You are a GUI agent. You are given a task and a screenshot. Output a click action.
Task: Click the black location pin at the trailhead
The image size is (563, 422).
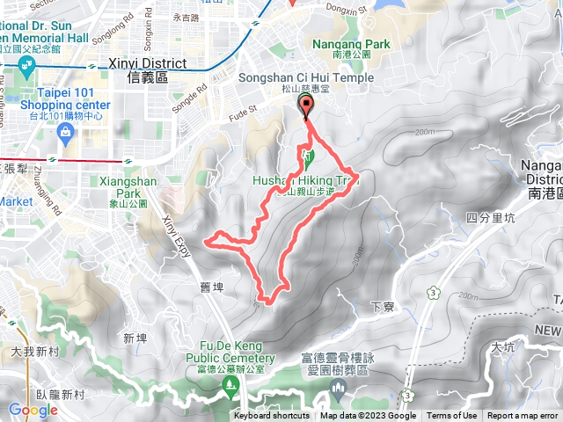306,107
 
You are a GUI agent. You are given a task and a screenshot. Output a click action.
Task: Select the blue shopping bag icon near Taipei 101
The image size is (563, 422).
64,131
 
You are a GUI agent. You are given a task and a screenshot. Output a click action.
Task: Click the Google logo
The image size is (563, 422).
33,410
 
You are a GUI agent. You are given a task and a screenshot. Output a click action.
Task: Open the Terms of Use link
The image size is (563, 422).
452,416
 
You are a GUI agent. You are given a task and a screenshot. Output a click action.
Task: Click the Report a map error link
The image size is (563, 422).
523,416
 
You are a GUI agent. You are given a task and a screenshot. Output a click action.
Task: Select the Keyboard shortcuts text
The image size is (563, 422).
272,416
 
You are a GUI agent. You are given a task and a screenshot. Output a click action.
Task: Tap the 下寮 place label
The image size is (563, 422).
381,307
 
